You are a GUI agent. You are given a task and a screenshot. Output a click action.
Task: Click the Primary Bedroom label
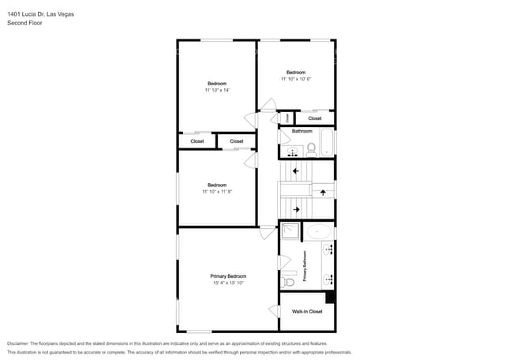[x=228, y=276]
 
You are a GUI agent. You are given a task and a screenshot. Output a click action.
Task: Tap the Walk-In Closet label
[x=307, y=312]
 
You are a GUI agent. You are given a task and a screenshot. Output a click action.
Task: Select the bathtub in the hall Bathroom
[x=327, y=143]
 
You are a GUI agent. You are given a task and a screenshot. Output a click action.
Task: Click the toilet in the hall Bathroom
[x=311, y=149]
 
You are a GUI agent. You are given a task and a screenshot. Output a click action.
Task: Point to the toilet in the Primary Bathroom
[x=288, y=282]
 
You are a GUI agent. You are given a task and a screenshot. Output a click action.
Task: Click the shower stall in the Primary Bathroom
[x=290, y=231]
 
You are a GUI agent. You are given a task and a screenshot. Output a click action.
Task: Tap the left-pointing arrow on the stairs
[x=296, y=170]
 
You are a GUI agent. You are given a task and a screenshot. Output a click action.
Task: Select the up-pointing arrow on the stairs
[x=323, y=193]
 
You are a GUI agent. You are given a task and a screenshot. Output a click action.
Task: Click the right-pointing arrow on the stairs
[x=297, y=209]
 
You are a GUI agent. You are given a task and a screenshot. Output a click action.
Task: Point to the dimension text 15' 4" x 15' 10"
[x=228, y=283]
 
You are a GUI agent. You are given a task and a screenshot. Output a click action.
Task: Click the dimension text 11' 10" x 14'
[x=217, y=90]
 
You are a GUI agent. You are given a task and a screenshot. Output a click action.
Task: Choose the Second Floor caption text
[x=24, y=23]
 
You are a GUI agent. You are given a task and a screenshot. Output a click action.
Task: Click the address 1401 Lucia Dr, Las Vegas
[x=40, y=14]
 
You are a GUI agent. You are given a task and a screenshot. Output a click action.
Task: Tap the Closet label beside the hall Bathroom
[x=315, y=118]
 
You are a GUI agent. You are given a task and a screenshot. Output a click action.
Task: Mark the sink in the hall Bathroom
[x=292, y=152]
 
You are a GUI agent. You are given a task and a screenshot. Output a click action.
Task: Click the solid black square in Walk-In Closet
[x=330, y=298]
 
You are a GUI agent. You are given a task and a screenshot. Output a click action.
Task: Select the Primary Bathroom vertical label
[x=305, y=266]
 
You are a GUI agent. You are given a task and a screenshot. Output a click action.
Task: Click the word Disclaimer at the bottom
[x=17, y=343]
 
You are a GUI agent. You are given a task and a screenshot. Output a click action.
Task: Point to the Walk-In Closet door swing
[x=274, y=312]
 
